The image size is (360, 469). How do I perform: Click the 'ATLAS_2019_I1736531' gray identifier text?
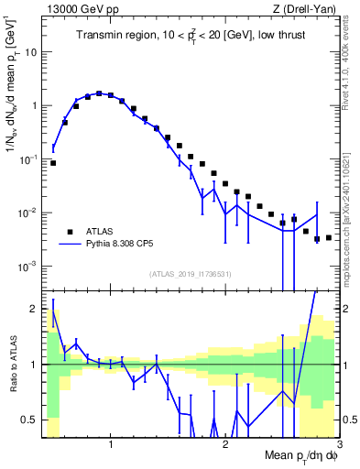(x=190, y=274)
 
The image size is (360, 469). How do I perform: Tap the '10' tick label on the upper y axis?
(x=30, y=51)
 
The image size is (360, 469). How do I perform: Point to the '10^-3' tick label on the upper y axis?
(x=27, y=267)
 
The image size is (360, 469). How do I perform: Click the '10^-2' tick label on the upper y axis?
(x=27, y=213)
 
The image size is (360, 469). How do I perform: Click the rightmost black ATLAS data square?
(x=328, y=237)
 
